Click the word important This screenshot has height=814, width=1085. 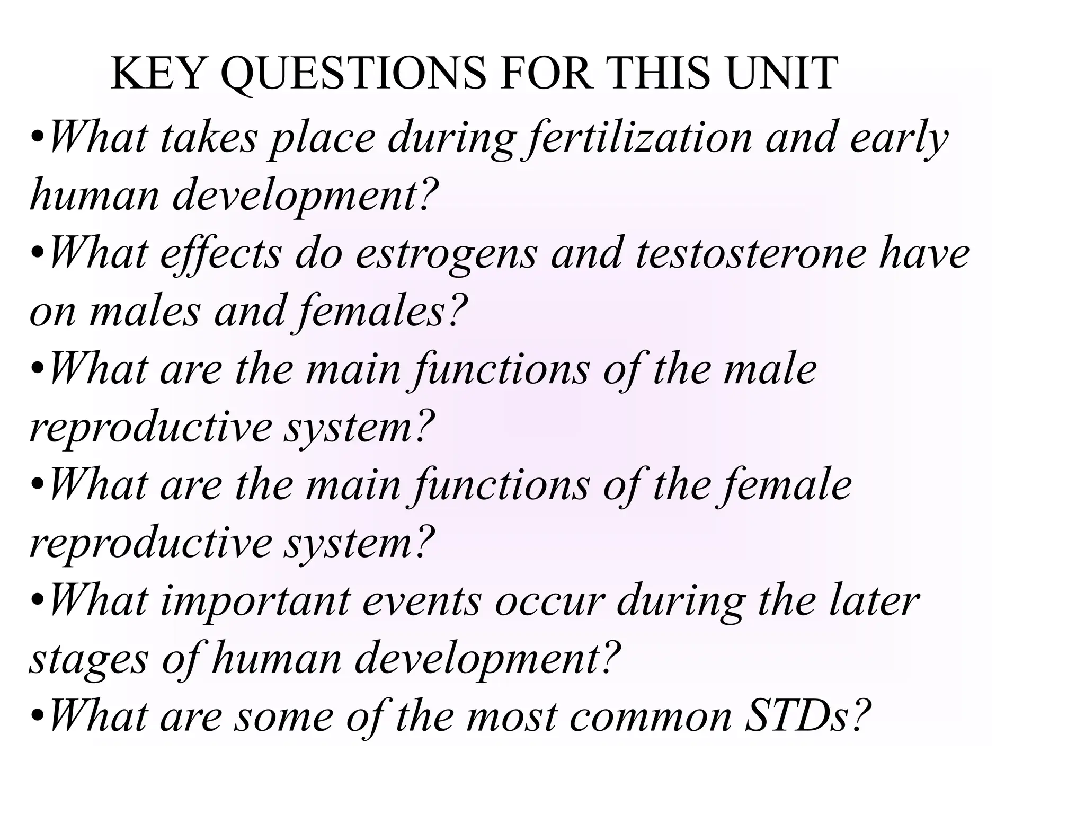[x=255, y=601]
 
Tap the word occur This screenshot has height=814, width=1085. [x=549, y=601]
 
